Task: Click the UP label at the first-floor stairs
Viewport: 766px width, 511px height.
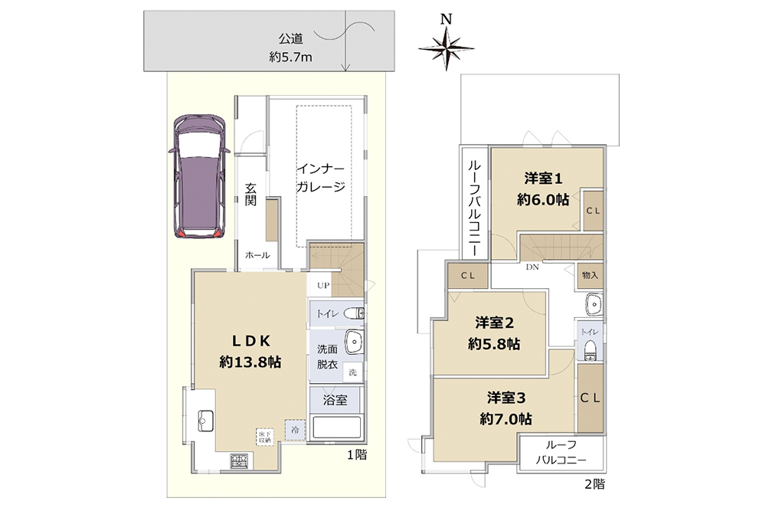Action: click(x=322, y=285)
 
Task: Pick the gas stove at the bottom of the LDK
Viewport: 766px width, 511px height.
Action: click(x=240, y=460)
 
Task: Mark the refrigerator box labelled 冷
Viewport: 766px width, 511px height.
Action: click(x=295, y=431)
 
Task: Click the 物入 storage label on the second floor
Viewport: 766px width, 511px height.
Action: click(x=590, y=274)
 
